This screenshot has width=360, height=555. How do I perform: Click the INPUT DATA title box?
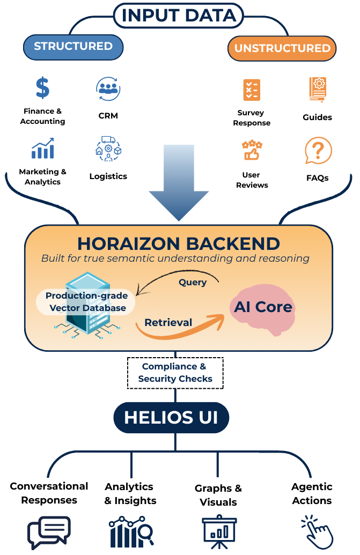179,16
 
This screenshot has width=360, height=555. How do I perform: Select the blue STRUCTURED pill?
74,47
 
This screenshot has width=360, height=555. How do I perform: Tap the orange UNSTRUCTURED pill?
282,48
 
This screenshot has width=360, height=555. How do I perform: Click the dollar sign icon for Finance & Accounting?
42,87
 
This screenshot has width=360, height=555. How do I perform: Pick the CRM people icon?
108,88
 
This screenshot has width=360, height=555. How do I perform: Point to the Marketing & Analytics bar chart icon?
42,149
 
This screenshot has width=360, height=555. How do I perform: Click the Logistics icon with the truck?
108,149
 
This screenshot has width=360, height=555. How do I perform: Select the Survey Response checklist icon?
251,90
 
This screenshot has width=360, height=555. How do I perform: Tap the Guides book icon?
318,90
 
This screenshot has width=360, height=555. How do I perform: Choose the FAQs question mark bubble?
318,151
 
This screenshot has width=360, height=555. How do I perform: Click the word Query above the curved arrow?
192,283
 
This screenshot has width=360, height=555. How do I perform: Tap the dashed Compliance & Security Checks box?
175,373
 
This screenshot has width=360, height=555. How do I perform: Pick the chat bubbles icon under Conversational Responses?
49,532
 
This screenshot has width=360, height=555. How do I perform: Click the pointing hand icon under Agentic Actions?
316,532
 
